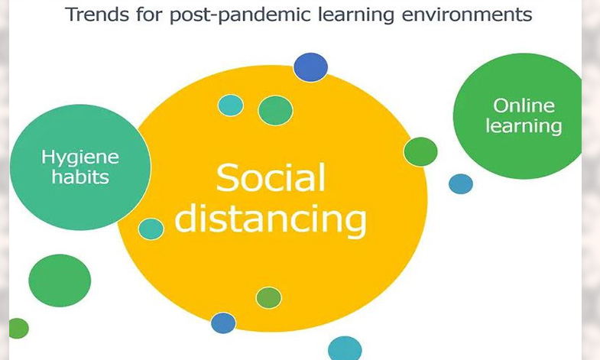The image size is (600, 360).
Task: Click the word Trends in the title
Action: click(x=97, y=15)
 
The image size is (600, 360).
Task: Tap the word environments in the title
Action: click(x=467, y=15)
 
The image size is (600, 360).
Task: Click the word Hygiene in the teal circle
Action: click(x=80, y=157)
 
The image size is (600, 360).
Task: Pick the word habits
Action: click(x=80, y=177)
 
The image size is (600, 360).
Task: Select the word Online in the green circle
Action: click(x=524, y=105)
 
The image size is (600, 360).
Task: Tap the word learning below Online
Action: click(x=524, y=126)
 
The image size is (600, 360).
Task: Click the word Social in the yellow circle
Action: click(x=271, y=177)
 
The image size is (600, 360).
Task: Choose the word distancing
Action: click(x=271, y=219)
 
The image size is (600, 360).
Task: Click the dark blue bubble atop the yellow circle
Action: click(x=311, y=67)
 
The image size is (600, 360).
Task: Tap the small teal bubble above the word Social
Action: click(x=231, y=105)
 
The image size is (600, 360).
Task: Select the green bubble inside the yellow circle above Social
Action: click(x=275, y=111)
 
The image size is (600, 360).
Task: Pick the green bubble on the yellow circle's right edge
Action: click(x=420, y=152)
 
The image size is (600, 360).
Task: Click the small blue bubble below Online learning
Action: click(x=461, y=184)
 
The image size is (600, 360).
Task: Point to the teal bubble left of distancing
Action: click(x=151, y=229)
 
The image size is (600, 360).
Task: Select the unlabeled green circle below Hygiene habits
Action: click(x=60, y=281)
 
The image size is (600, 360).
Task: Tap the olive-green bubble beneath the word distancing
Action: click(x=268, y=297)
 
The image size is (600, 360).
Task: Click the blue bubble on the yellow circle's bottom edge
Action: click(x=223, y=323)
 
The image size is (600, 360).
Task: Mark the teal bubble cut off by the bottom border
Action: click(x=345, y=348)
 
